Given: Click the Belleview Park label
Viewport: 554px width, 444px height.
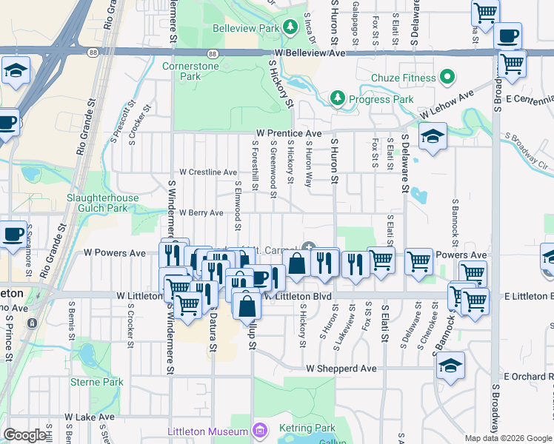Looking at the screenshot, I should coord(245,28).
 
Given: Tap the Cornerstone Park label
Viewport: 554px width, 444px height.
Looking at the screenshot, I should coord(181,71).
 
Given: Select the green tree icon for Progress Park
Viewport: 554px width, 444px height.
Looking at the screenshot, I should coord(337,98).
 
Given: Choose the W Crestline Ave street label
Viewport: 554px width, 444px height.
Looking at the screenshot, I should coord(207,172).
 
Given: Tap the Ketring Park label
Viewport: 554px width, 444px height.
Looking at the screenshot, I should coord(307,428).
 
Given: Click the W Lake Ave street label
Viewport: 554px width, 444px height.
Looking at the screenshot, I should coord(90,417).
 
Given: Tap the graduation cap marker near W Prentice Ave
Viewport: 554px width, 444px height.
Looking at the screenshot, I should coord(432,136).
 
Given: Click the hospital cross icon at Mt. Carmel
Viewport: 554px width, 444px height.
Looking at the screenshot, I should coord(308,248).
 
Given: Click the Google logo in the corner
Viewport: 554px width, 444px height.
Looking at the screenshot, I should coord(24,435).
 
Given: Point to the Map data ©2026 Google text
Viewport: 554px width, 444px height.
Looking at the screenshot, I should coord(508,438).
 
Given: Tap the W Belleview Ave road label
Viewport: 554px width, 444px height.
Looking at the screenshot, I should coord(310,54).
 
